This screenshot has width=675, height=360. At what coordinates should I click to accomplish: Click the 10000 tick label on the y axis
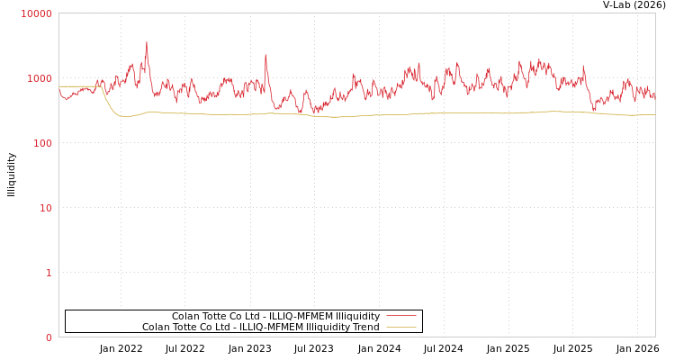37,13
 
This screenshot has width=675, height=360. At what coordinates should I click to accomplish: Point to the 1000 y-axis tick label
40,78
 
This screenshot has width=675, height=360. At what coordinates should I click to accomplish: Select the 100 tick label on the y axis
42,143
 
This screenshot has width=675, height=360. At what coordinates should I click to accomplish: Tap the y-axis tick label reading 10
45,208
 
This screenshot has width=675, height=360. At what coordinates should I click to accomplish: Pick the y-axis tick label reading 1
49,273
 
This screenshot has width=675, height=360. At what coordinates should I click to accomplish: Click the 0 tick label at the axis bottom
49,337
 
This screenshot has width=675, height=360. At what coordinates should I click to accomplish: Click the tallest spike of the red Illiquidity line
147,43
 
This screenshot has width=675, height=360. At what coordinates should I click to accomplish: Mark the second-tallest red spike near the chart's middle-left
265,56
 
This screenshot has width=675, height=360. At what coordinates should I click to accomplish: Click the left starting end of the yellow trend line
60,86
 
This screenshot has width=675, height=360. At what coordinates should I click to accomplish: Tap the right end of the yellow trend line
654,114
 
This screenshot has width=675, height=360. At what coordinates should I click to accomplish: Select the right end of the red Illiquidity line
654,92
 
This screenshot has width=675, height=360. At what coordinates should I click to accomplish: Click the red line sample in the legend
400,316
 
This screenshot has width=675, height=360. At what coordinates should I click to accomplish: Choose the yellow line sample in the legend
400,327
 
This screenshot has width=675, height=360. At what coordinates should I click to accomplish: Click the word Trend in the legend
364,327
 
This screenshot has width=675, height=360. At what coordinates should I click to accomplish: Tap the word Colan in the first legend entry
186,316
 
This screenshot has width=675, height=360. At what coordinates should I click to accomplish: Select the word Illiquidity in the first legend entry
357,316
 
